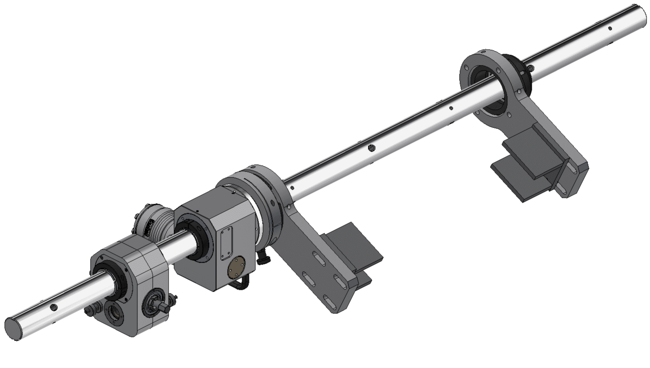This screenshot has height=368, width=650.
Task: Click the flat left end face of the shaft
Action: point(14,329)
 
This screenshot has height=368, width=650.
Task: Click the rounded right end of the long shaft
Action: point(642,17)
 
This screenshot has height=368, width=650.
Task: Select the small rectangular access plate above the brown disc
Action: point(226,243)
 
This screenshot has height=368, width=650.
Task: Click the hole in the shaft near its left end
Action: point(54,307)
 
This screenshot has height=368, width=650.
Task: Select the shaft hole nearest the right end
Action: point(610,29)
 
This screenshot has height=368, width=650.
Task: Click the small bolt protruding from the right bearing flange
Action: point(531,68)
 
